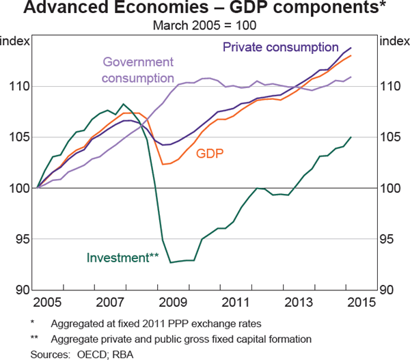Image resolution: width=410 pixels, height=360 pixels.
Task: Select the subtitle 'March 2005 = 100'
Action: click(x=204, y=26)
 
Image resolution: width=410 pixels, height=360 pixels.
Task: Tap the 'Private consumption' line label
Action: click(x=281, y=48)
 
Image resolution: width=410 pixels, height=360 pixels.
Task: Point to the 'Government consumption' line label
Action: click(x=138, y=70)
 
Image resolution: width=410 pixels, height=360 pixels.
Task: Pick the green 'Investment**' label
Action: click(x=123, y=258)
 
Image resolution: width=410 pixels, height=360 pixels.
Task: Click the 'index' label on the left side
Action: click(x=15, y=40)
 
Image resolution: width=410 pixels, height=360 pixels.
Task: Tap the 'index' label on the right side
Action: click(x=393, y=40)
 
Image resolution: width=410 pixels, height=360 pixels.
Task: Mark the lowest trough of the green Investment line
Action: click(x=172, y=262)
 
